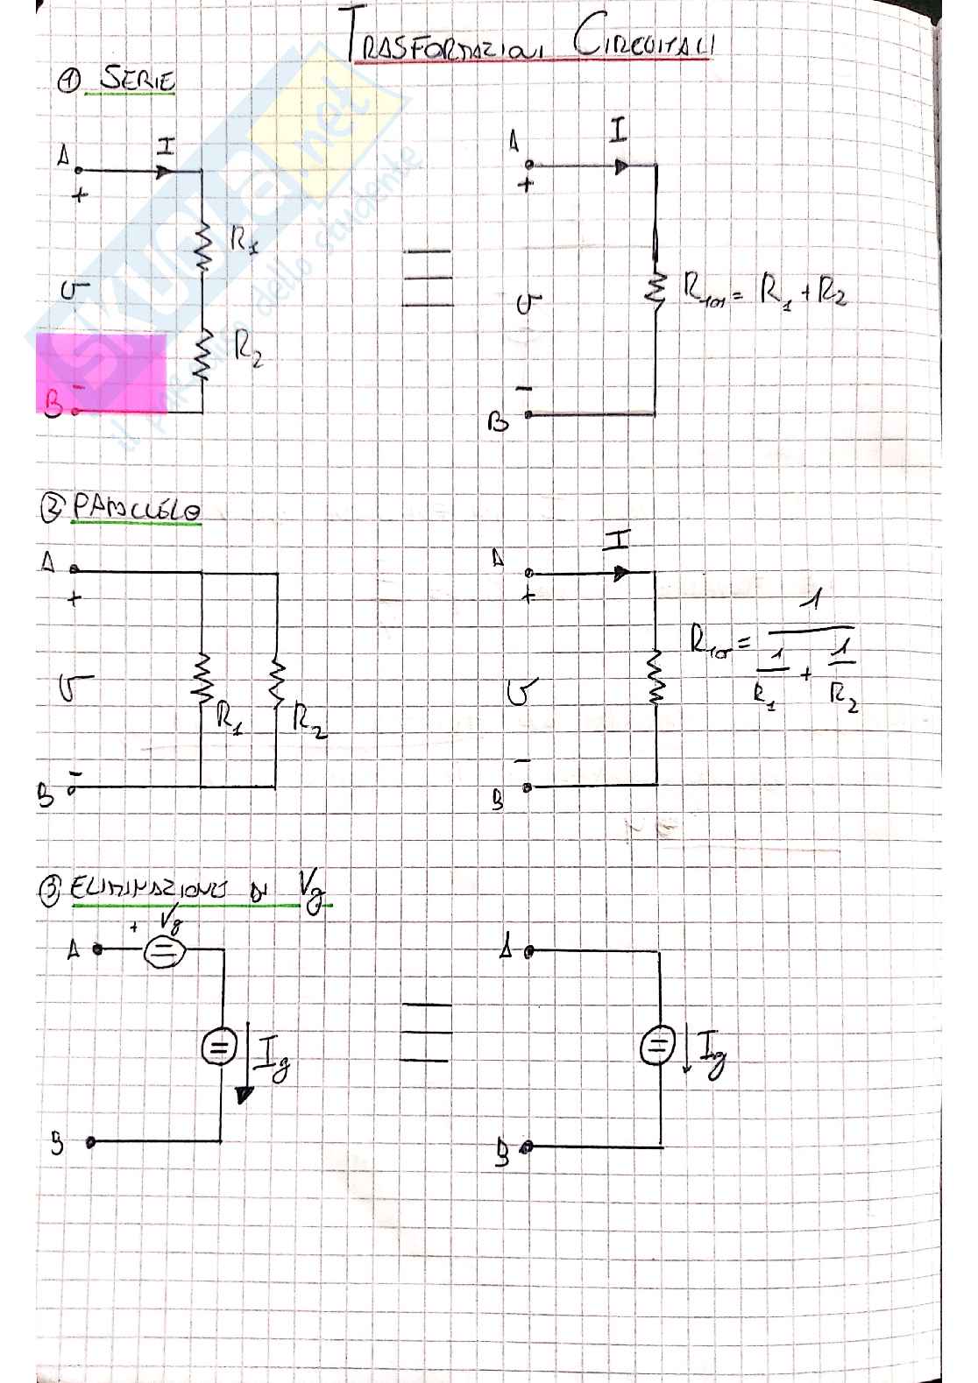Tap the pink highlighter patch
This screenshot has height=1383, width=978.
point(102,372)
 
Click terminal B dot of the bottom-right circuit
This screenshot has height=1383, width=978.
point(527,1147)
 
